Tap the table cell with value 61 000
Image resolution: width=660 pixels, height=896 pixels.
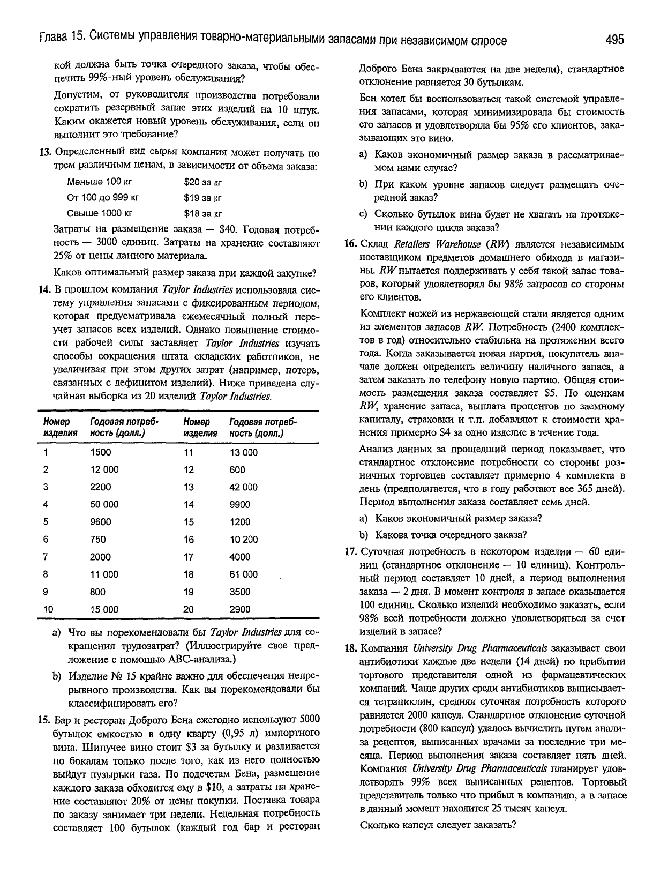point(243,574)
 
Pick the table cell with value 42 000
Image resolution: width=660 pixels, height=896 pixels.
point(243,487)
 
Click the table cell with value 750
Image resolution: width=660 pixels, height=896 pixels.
point(98,539)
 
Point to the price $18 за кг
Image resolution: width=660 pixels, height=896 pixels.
point(202,214)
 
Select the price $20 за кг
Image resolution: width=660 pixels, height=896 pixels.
point(202,182)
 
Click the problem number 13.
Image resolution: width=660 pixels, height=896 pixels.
point(45,152)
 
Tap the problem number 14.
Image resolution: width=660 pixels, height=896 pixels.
point(45,290)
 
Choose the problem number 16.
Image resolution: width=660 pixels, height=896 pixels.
point(350,244)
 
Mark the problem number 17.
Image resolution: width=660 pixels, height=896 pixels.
point(350,552)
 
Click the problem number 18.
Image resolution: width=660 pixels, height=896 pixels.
point(350,648)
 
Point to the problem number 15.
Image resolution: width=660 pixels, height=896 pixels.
point(45,719)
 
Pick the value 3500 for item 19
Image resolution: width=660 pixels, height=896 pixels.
point(239,592)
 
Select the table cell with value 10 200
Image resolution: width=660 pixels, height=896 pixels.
point(243,539)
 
